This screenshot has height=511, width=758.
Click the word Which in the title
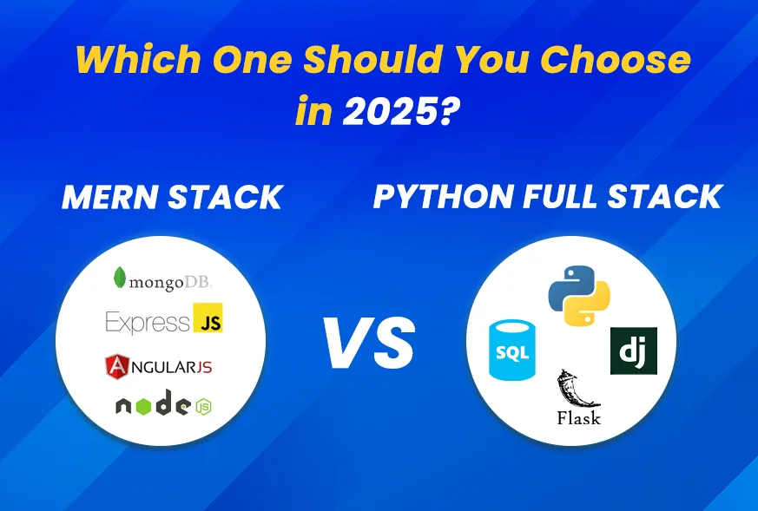(138, 59)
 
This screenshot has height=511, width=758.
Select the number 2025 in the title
(394, 112)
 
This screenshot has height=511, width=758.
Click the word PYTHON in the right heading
(443, 197)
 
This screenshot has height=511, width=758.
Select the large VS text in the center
(369, 343)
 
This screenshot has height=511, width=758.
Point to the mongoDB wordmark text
(170, 282)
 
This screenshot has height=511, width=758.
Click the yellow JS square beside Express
(208, 318)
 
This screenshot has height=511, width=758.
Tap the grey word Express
(148, 322)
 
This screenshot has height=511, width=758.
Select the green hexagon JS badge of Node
(204, 407)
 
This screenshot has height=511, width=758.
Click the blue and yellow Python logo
(579, 295)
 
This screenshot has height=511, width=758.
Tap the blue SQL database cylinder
(512, 350)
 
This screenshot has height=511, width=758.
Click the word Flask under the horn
(578, 417)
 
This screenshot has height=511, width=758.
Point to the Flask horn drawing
(576, 389)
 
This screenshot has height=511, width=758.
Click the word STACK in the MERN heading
(225, 197)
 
